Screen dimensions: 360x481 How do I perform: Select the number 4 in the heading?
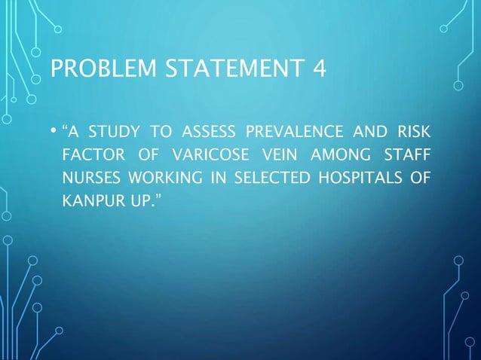[320, 71]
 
